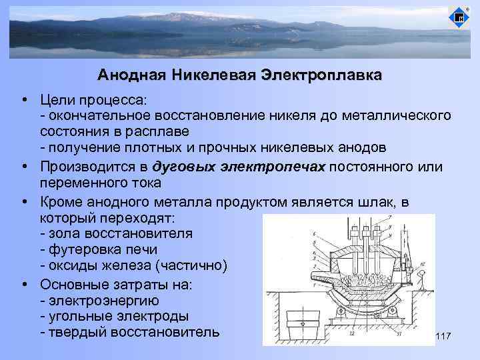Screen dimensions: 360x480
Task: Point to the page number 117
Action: pyautogui.click(x=443, y=339)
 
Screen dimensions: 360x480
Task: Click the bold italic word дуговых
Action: pyautogui.click(x=182, y=166)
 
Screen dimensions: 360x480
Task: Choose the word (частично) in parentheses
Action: pyautogui.click(x=196, y=267)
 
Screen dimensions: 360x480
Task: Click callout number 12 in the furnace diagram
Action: pyautogui.click(x=351, y=334)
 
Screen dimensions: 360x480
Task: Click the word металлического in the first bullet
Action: pyautogui.click(x=396, y=116)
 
